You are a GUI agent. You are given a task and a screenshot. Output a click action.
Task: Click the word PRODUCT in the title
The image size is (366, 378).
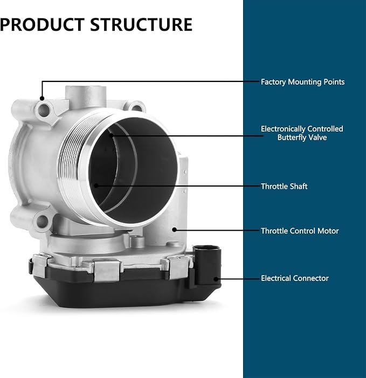(x=43, y=24)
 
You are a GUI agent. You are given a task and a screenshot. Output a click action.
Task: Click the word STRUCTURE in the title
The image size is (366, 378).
(x=141, y=24)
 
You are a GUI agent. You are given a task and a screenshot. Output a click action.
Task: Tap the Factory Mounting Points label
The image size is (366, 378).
(x=302, y=82)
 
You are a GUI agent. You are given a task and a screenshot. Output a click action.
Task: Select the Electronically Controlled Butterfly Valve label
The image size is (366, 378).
(x=302, y=133)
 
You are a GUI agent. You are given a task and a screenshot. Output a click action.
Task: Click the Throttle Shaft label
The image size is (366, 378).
(x=284, y=187)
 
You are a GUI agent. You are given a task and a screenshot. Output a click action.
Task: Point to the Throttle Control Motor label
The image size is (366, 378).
(x=300, y=231)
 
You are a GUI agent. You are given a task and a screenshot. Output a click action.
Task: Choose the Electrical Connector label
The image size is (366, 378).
(x=295, y=278)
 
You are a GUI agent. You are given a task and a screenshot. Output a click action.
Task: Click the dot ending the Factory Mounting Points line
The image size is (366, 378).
(x=42, y=98)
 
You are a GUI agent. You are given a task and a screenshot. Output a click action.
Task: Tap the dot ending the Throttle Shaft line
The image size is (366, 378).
(x=96, y=185)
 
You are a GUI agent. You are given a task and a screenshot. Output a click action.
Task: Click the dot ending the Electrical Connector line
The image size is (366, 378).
(x=216, y=279)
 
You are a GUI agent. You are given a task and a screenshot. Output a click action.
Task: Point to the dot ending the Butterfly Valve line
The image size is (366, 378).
(x=111, y=135)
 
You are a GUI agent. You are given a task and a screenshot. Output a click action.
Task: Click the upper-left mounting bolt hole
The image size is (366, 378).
(x=44, y=111)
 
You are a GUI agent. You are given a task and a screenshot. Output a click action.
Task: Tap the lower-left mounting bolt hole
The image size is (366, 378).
(x=43, y=222)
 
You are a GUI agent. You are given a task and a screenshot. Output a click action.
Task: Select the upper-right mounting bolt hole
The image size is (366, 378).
(x=136, y=108)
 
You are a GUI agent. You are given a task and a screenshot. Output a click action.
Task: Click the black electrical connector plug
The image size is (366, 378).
(x=207, y=266)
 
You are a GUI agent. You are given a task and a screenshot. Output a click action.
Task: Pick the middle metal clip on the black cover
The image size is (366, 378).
(x=107, y=270)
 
